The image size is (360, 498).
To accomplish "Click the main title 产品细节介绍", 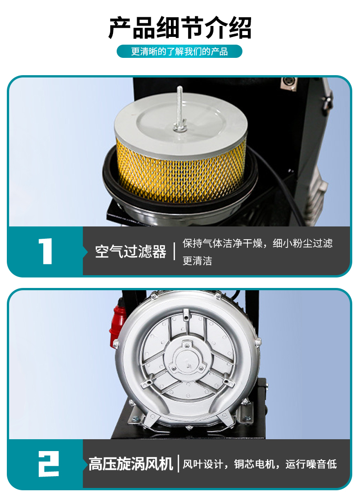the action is point(180,28).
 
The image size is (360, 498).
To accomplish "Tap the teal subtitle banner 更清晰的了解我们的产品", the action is point(180,51).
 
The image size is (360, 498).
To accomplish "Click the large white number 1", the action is point(46,251).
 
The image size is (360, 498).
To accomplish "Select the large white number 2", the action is point(49,464).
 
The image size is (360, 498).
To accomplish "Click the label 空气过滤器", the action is point(131,252).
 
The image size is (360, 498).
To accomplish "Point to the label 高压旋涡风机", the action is point(131,464).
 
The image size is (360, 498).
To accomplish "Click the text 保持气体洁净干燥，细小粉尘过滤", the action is point(257,243).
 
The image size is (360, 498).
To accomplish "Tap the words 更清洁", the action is point(197,261).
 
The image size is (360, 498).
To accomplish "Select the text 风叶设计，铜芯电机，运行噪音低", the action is point(260,464).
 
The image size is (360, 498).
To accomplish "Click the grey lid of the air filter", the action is point(180,125).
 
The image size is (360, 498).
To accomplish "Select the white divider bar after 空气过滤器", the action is point(175,251).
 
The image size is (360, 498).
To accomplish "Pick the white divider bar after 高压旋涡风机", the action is point(178,464).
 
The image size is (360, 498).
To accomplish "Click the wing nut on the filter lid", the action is point(180,128).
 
